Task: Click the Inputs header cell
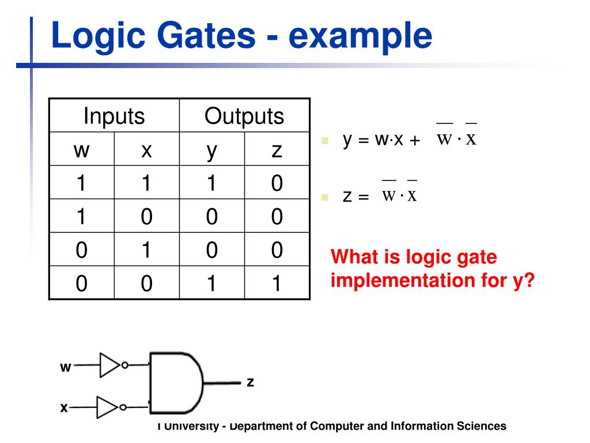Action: click(114, 116)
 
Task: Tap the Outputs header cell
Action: click(244, 116)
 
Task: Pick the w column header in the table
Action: click(82, 150)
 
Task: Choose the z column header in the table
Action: click(277, 150)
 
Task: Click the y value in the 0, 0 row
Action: click(212, 284)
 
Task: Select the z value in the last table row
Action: click(277, 284)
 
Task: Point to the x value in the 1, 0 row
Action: click(147, 217)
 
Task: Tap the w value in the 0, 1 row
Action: click(82, 250)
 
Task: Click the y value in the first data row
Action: click(212, 183)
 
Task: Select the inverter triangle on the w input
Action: click(109, 365)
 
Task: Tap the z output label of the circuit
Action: click(251, 382)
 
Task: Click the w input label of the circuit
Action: click(65, 367)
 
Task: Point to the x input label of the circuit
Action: click(64, 408)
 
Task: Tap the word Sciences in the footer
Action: click(482, 426)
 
